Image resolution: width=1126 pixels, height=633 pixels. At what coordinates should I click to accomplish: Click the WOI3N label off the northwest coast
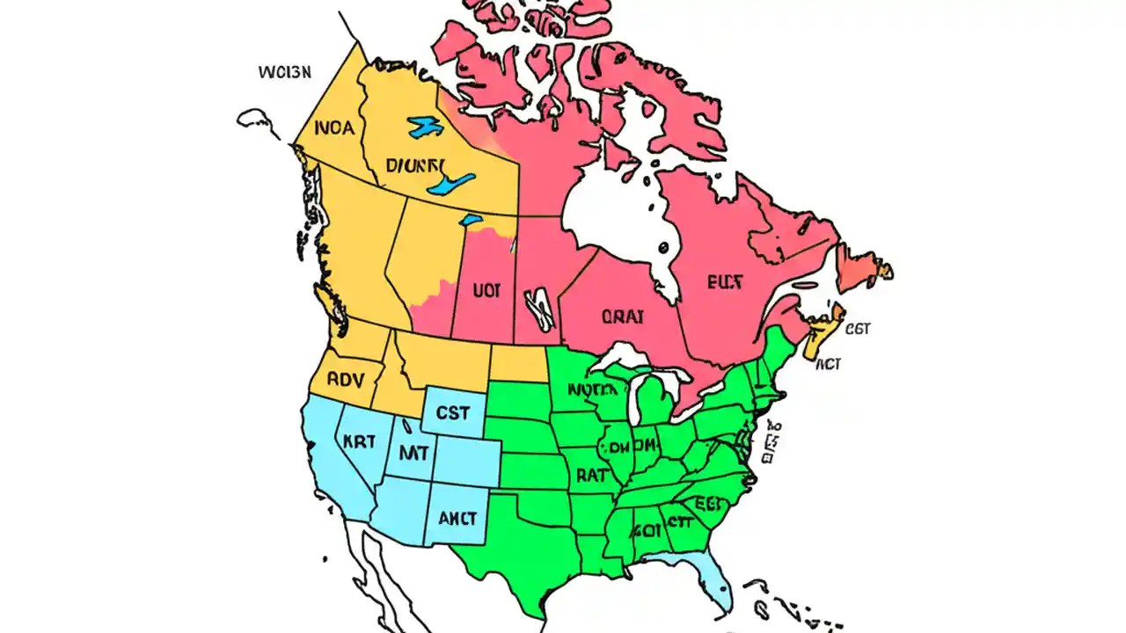click(x=284, y=72)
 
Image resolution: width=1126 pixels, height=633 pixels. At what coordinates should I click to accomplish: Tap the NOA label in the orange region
click(x=333, y=128)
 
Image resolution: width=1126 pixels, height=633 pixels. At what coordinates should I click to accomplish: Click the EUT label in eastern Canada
click(x=725, y=282)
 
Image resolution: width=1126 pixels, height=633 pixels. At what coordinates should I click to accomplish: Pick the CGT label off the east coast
click(x=857, y=329)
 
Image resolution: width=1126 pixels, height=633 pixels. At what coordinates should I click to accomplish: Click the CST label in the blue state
click(x=453, y=411)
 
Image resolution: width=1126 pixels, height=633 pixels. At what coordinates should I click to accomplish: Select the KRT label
click(x=359, y=442)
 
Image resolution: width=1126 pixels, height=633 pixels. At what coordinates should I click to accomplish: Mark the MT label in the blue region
click(x=413, y=455)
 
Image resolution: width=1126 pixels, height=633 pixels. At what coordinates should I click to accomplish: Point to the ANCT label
click(x=457, y=517)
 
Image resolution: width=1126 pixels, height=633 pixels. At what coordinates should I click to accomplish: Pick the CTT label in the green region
click(x=678, y=520)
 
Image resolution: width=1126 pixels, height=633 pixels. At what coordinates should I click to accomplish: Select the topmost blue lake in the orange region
click(x=426, y=127)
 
